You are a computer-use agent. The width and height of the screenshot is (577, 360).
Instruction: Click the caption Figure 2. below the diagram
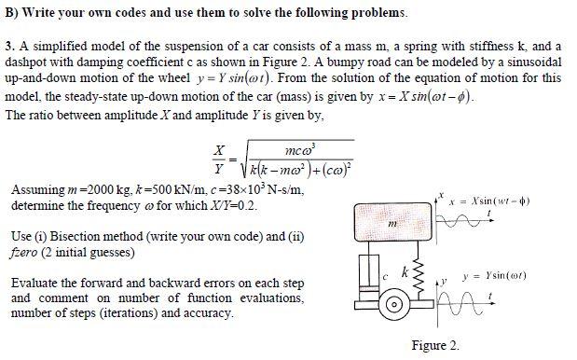[435, 345]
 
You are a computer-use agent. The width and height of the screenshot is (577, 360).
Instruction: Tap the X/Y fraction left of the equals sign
[219, 159]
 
